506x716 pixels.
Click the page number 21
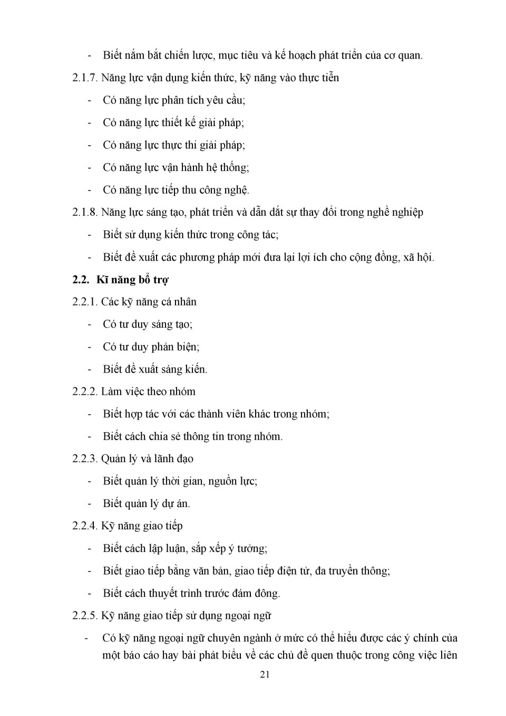(x=265, y=674)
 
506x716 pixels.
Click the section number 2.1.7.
(x=85, y=78)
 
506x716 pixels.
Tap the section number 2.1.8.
(x=85, y=213)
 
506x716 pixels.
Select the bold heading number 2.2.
(x=81, y=280)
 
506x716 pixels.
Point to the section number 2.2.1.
(x=85, y=302)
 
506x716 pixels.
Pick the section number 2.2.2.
(x=85, y=392)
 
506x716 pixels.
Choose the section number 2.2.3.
(x=85, y=459)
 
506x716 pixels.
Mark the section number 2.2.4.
(x=85, y=526)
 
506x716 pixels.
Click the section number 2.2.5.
(x=85, y=616)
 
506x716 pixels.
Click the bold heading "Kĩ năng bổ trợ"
(x=132, y=280)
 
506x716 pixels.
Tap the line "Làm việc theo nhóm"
(x=148, y=392)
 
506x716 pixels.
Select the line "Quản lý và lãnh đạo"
(x=147, y=459)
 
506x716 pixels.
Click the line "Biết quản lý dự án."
(x=146, y=504)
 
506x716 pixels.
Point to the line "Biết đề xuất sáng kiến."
(x=155, y=369)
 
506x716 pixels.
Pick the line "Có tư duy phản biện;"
(x=151, y=347)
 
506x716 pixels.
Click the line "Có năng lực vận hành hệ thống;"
(x=176, y=168)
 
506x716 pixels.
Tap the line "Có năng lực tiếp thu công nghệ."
(x=176, y=190)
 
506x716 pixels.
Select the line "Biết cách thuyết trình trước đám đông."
(x=191, y=594)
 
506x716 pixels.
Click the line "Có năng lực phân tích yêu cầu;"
(x=174, y=100)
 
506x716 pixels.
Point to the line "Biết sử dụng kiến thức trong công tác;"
(x=190, y=235)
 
